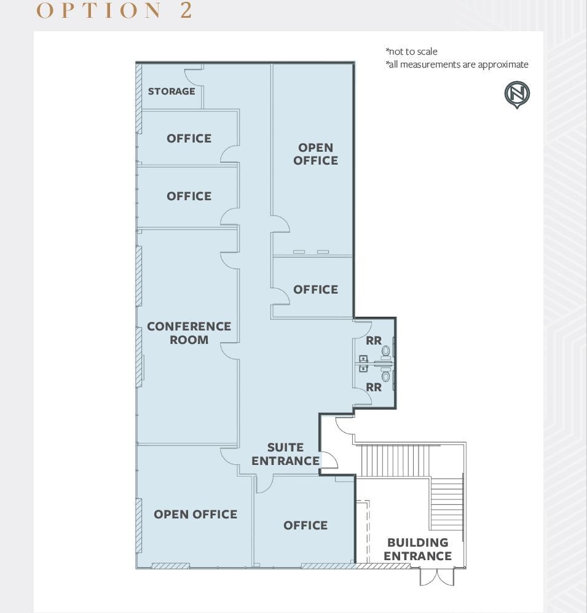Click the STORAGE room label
pos(171,92)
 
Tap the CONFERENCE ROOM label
pos(189,333)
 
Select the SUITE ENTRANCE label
pos(285,455)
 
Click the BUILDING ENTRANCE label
pos(417,549)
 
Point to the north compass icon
pos(517,94)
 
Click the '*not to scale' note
pos(411,52)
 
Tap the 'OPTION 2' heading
pos(114,10)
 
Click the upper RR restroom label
pos(374,340)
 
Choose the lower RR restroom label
pos(374,387)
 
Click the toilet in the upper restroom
pos(385,351)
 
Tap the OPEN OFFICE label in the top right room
pos(315,154)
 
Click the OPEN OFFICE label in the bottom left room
pos(195,514)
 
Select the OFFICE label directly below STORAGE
pos(189,138)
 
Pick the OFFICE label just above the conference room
pos(189,196)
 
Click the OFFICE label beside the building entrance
pos(305,525)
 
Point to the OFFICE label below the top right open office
pos(315,289)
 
